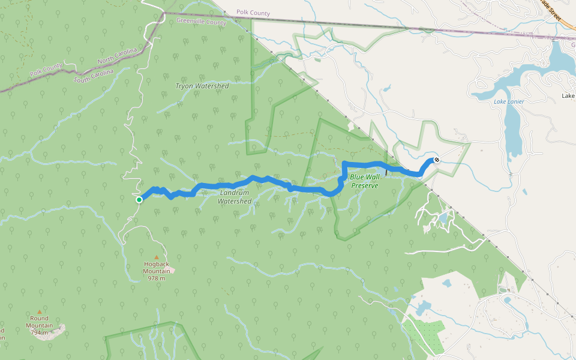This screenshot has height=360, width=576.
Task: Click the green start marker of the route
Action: point(139,200)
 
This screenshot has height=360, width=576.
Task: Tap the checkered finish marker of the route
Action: point(437,160)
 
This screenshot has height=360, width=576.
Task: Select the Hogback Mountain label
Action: point(157,267)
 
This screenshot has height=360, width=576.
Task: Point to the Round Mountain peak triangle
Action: point(40,311)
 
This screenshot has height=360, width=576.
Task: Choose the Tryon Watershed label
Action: point(202,86)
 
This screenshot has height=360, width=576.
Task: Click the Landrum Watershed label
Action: point(234,197)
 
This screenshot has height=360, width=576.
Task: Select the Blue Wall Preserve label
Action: point(364,181)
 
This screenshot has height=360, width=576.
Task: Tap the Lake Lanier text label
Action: point(509,101)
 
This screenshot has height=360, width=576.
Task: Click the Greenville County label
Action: point(202,22)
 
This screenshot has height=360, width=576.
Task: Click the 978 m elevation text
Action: point(157,278)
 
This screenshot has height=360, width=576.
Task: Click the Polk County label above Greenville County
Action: point(253,13)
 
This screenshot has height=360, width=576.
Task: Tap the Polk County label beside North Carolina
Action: point(46,71)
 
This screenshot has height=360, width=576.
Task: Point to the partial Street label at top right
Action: point(554,11)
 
